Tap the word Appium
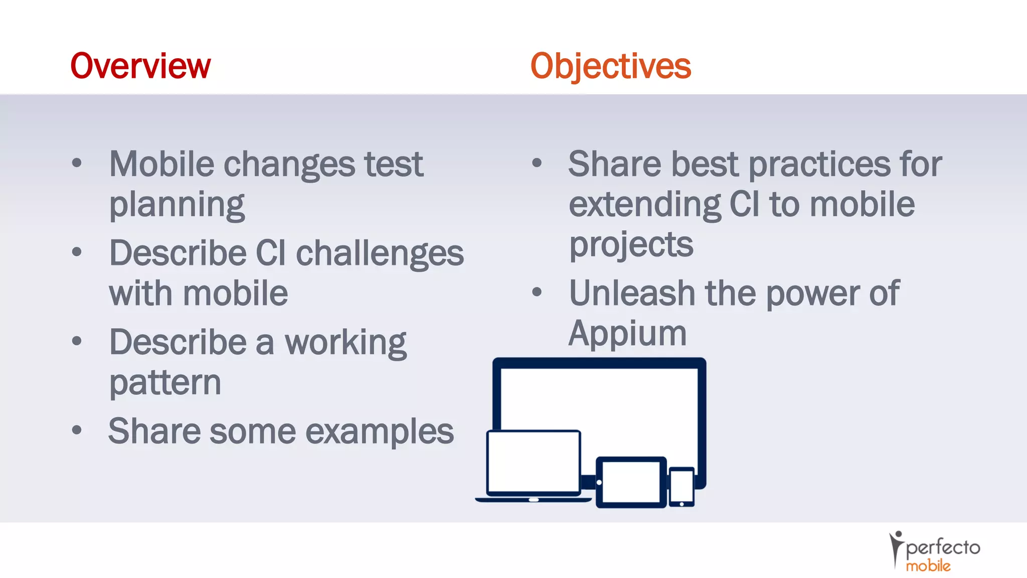click(627, 333)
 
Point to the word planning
click(177, 205)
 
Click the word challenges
click(380, 253)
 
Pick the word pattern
click(165, 383)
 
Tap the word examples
click(379, 431)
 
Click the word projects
click(631, 245)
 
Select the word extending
click(644, 205)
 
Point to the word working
click(346, 343)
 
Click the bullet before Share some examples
click(77, 430)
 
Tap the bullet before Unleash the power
click(537, 292)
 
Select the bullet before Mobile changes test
click(77, 163)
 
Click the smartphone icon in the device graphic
click(681, 487)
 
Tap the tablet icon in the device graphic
click(631, 482)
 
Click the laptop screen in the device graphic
click(534, 461)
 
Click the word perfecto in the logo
click(943, 547)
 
